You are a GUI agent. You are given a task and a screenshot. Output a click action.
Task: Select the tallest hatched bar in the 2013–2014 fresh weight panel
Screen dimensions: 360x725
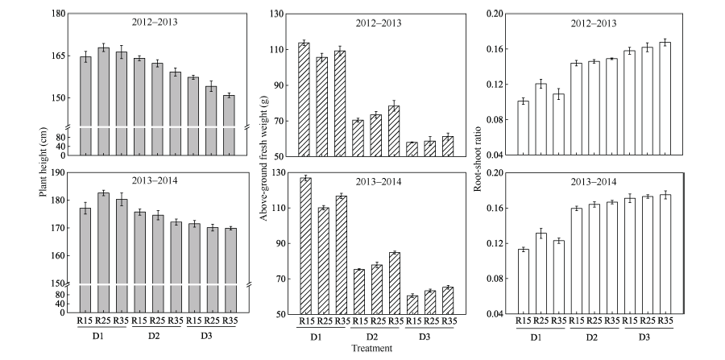point(304,246)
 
